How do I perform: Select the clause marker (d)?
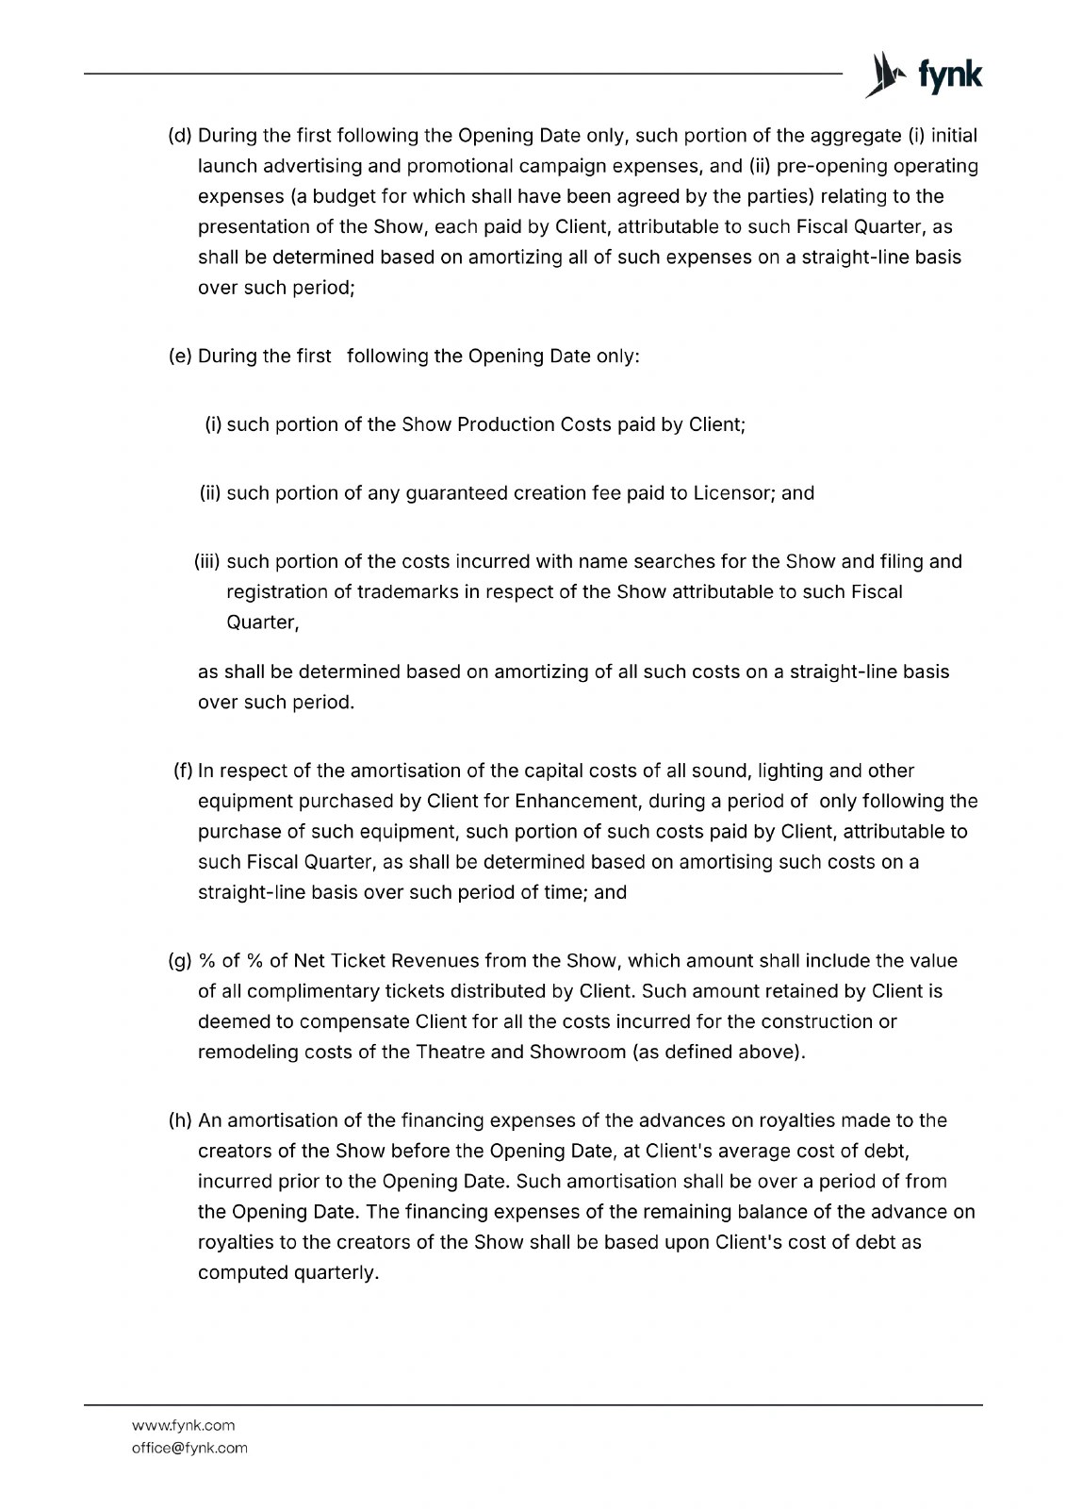coord(180,135)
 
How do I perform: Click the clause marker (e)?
coord(180,356)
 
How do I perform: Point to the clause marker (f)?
coord(183,771)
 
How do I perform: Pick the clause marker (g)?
coord(180,960)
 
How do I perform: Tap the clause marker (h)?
coord(180,1120)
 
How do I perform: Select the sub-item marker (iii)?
coord(206,561)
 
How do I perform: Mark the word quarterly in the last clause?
coord(335,1272)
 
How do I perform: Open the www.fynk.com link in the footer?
coord(184,1425)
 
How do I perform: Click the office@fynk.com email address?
coord(189,1448)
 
